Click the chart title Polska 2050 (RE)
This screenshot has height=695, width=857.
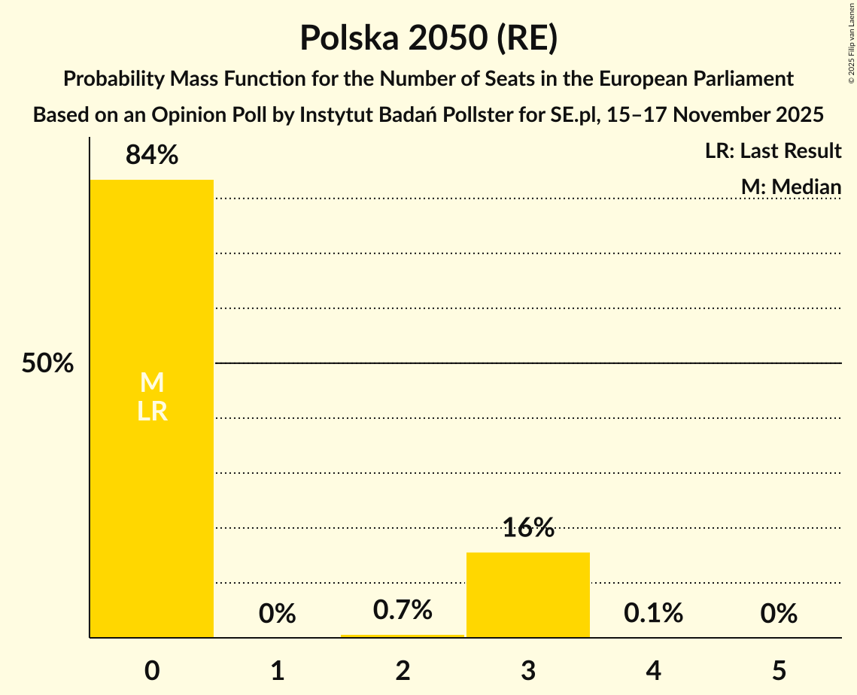pos(428,38)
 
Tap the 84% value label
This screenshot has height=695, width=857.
pos(152,155)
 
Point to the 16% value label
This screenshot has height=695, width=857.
pos(528,528)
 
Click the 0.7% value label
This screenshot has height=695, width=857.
pos(403,610)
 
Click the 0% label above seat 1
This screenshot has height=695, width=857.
pos(277,614)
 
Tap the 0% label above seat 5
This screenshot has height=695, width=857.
pos(778,614)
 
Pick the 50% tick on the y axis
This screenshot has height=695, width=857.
pos(47,364)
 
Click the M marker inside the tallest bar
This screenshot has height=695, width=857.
pos(152,383)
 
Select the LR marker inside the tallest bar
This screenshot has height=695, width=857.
pos(152,411)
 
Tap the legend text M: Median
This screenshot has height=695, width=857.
pos(791,187)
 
